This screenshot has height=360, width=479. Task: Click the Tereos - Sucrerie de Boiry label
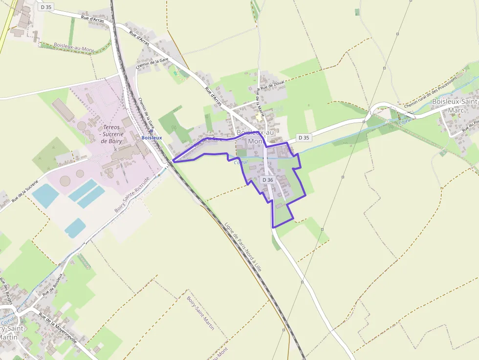click(x=111, y=134)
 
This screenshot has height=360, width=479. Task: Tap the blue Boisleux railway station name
click(x=151, y=138)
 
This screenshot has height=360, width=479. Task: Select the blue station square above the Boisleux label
click(x=152, y=131)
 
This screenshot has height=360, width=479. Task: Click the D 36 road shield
click(x=267, y=180)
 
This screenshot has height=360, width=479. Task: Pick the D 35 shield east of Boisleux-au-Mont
click(x=304, y=138)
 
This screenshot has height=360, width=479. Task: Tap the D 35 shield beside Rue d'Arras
click(x=46, y=7)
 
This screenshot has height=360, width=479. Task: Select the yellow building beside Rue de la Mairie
click(x=259, y=118)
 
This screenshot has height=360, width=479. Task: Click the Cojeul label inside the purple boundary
click(x=240, y=162)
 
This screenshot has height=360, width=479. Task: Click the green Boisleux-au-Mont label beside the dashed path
click(x=73, y=48)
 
